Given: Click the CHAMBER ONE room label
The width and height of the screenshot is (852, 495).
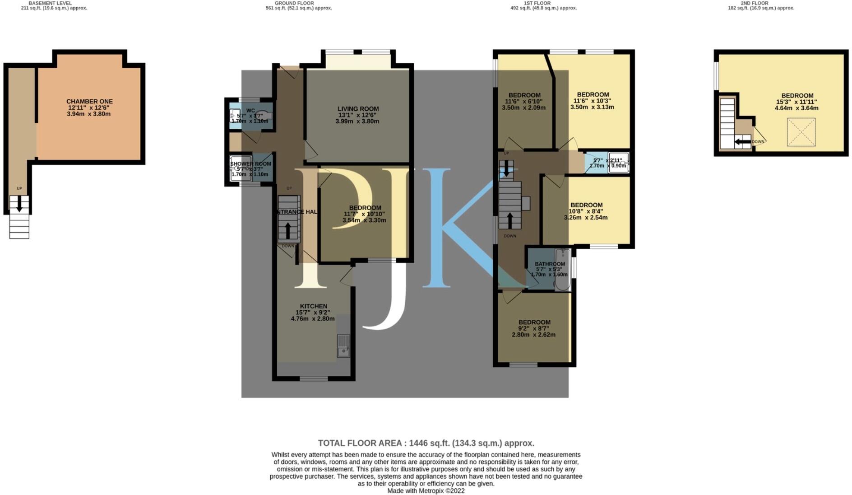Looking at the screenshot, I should click(89, 102).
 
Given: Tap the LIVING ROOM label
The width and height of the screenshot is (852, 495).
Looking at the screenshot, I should click(358, 109).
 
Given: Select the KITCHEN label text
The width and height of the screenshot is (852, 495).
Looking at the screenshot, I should click(314, 306).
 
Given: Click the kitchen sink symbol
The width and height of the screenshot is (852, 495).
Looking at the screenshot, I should click(343, 346).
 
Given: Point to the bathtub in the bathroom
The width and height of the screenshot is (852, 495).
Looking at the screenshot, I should click(563, 270).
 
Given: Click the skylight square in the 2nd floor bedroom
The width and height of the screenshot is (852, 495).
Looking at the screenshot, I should click(801, 132).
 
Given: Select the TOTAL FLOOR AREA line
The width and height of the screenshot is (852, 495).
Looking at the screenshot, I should click(426, 443).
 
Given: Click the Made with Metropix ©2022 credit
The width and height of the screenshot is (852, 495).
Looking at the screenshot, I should click(426, 490).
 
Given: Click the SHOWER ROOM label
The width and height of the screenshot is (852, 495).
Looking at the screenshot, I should click(250, 164).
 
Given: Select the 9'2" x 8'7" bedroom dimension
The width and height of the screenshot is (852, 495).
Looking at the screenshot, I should click(534, 329).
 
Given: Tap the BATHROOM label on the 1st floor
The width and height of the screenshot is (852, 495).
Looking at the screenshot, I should click(550, 264).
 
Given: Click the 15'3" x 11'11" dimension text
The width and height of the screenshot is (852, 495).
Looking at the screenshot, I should click(797, 102).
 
